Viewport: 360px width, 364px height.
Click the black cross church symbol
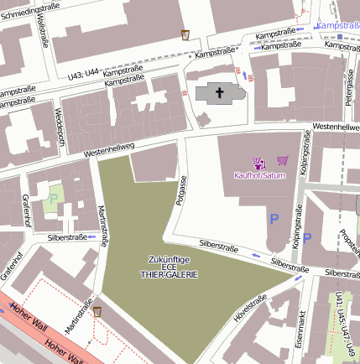(220, 93)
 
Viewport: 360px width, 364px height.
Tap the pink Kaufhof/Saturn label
(260, 175)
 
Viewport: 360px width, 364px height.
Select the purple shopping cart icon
(283, 161)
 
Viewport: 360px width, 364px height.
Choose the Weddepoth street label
(59, 125)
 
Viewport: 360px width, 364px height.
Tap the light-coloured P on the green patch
(54, 198)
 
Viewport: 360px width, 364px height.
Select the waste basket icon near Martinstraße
(98, 312)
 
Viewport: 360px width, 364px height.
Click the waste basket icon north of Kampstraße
(185, 35)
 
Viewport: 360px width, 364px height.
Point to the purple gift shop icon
(258, 162)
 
